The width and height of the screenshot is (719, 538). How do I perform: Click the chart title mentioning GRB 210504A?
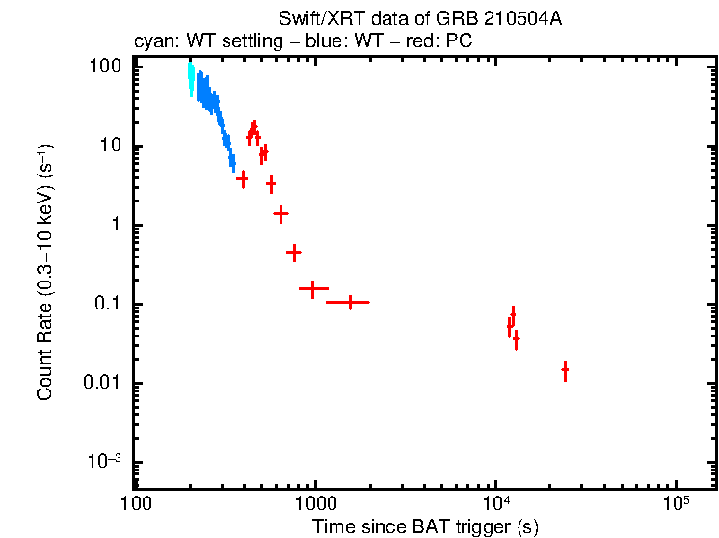coord(419,19)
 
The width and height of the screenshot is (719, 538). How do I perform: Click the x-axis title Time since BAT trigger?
coord(424,526)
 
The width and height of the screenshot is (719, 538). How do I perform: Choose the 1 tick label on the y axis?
coord(116,226)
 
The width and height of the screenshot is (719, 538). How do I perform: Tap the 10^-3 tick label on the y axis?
coord(107,462)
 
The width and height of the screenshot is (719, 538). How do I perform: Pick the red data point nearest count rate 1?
coord(281,214)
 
